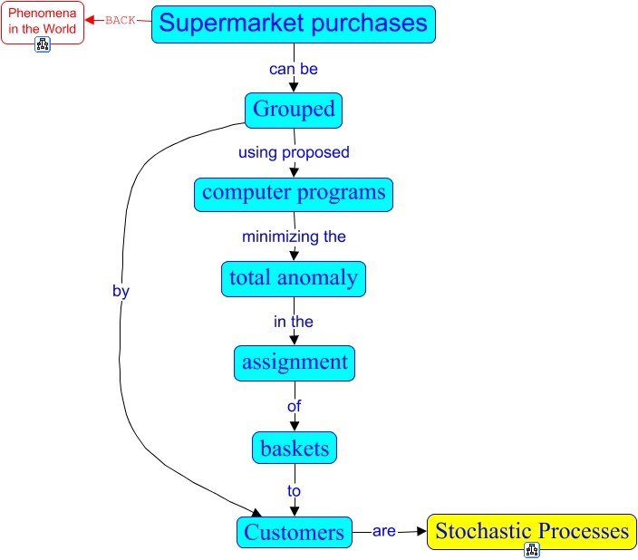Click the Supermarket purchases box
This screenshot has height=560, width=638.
click(294, 24)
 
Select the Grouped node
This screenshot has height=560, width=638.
click(294, 111)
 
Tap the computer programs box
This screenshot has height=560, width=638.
click(294, 195)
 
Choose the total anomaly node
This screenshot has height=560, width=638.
click(294, 279)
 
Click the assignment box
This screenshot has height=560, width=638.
click(295, 363)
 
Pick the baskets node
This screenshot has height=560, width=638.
click(295, 448)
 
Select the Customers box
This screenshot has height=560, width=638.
click(295, 532)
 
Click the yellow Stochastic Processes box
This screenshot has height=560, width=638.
click(532, 532)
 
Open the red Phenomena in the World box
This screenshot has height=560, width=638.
click(43, 23)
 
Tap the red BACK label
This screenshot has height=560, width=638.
click(120, 20)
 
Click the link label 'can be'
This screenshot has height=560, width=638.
click(294, 69)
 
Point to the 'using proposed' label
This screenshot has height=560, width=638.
click(294, 152)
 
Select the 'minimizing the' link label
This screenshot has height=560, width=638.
click(294, 237)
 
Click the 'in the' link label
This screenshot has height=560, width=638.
click(294, 322)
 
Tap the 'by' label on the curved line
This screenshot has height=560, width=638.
click(121, 292)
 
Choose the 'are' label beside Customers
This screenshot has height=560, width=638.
click(383, 531)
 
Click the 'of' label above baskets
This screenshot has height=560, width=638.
click(295, 406)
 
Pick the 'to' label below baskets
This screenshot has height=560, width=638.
click(294, 491)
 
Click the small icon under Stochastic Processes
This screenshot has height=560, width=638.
click(532, 550)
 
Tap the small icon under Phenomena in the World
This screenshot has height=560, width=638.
click(43, 44)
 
